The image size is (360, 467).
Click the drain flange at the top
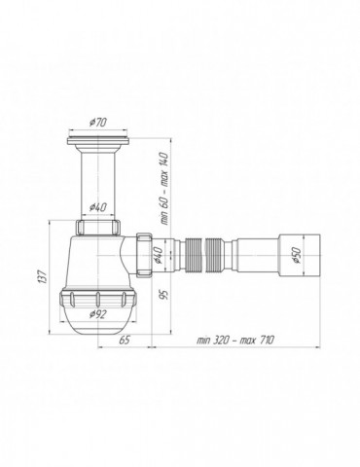98,143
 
